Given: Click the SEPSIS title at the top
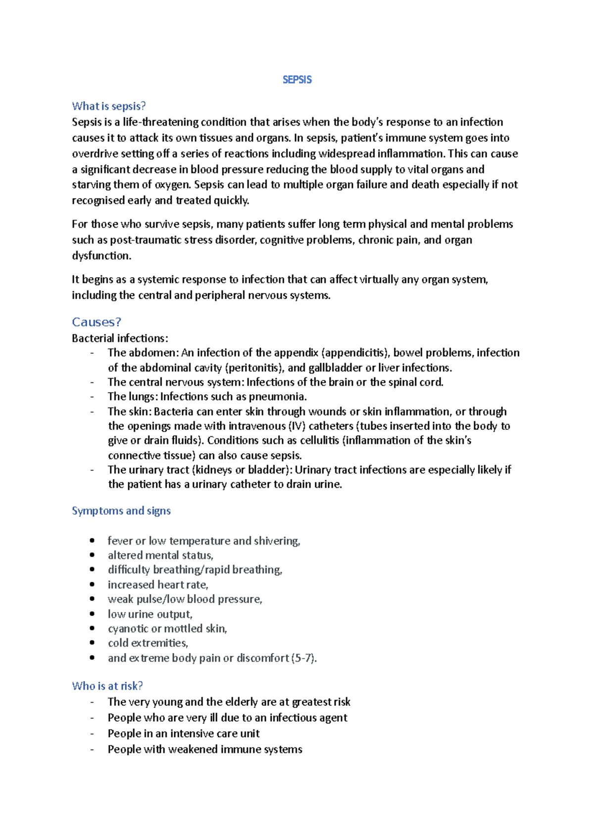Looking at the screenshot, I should point(297,80).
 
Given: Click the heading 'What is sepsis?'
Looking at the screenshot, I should point(109,106).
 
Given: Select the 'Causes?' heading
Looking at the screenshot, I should point(97,322).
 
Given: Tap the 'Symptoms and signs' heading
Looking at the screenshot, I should point(121,511).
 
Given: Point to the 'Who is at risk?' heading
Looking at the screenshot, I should point(107,686).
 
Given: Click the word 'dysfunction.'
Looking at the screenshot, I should point(101,256).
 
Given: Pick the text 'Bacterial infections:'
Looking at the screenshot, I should point(120,338).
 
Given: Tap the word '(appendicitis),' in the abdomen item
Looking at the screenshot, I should point(355,353).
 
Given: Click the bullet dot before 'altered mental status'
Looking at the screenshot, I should point(92,555).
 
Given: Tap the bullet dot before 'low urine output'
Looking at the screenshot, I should point(92,614).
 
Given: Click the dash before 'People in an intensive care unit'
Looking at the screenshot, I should point(92,734).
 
